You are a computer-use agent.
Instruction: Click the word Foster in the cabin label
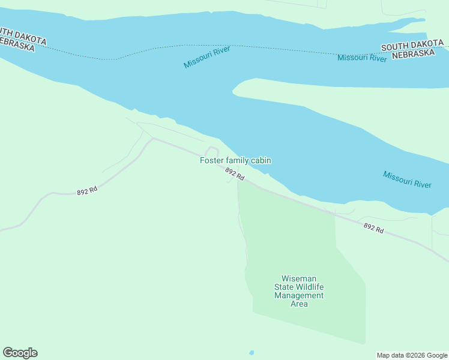[x=211, y=160]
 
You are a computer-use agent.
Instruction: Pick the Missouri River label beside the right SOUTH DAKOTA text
[x=362, y=58]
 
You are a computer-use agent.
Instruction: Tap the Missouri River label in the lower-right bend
[x=407, y=179]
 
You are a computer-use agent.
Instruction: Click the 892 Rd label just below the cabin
[x=235, y=174]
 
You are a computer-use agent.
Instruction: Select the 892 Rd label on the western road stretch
[x=87, y=191]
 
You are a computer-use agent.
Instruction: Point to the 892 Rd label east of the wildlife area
[x=373, y=228]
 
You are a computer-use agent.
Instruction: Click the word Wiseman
[x=299, y=278]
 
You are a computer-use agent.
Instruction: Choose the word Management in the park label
[x=299, y=295]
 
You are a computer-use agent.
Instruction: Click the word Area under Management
[x=299, y=304]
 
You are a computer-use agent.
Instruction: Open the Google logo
[x=20, y=353]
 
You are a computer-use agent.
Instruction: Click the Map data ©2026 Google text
[x=412, y=355]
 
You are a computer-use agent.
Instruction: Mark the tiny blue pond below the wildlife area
[x=252, y=352]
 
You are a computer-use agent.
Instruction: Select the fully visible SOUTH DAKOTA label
[x=412, y=46]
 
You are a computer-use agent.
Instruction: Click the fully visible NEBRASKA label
[x=413, y=53]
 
